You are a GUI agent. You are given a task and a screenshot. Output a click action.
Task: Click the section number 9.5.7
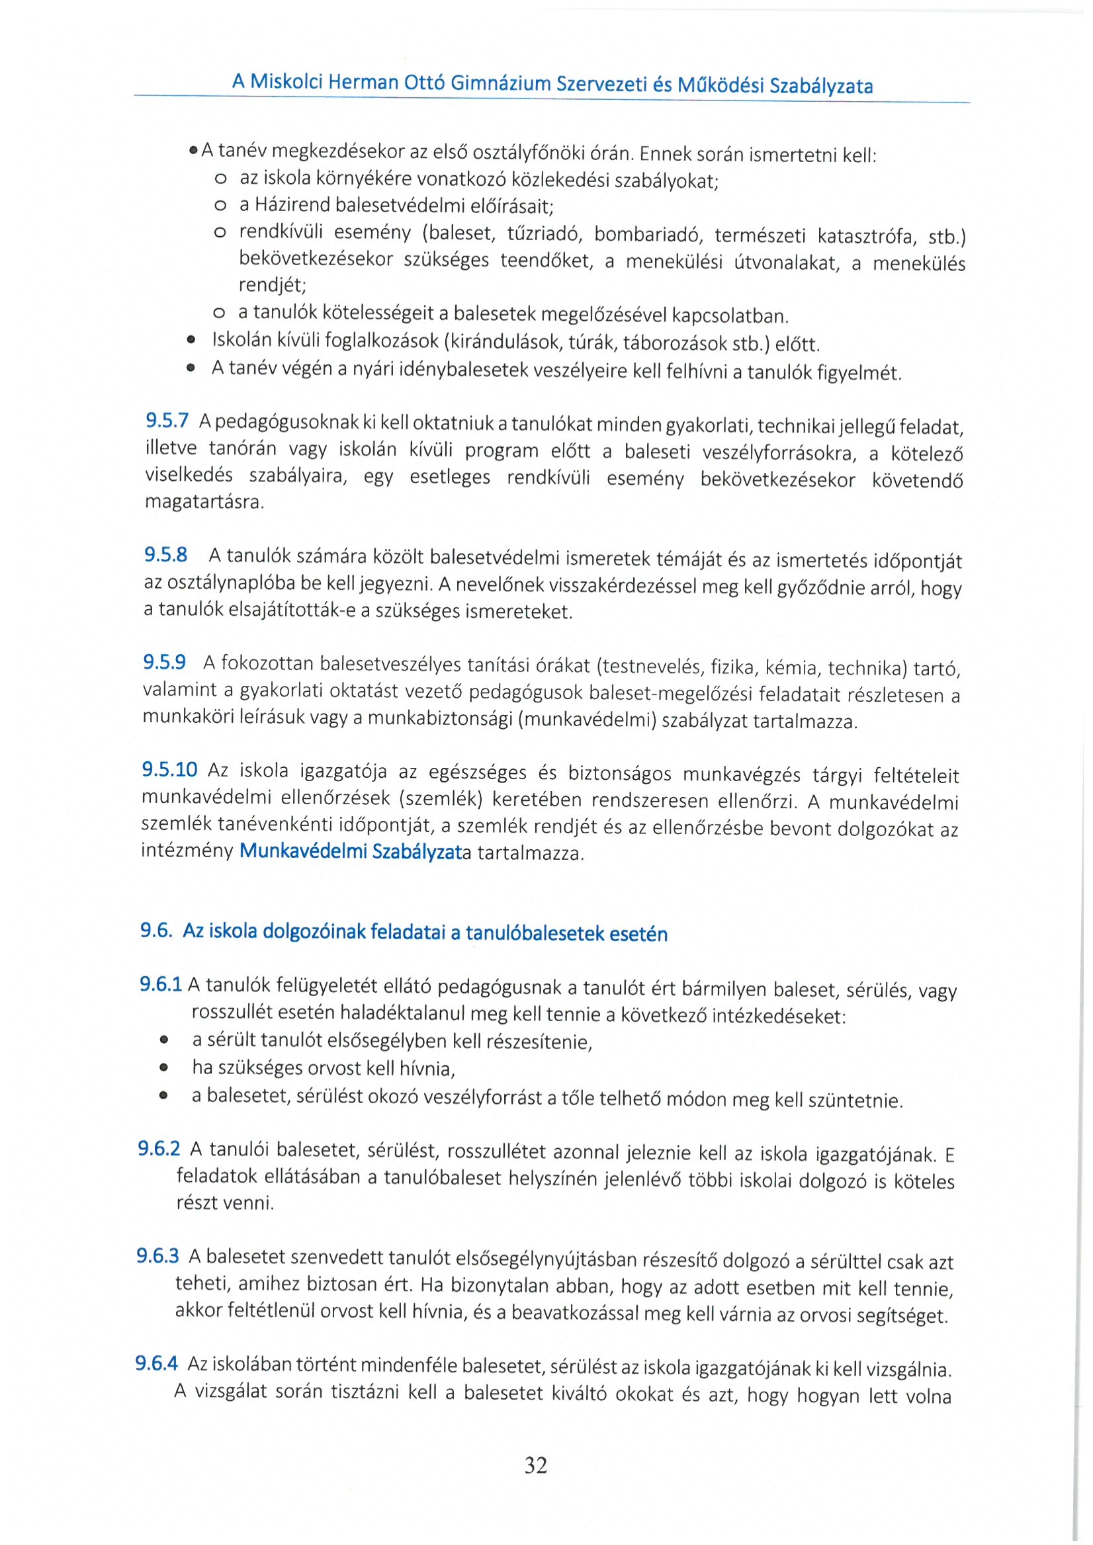[167, 421]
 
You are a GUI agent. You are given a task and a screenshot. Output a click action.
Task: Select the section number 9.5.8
[165, 555]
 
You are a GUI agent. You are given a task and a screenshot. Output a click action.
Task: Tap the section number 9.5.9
[164, 662]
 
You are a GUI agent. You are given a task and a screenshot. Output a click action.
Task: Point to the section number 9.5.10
[169, 769]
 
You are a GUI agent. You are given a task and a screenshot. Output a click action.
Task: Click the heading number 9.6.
[156, 930]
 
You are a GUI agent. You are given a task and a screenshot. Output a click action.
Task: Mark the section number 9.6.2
[159, 1148]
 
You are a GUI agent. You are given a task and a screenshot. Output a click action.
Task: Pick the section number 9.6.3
[157, 1256]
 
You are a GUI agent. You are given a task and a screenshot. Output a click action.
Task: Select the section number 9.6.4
[156, 1363]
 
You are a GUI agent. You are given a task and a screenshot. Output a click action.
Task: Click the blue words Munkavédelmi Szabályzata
[355, 852]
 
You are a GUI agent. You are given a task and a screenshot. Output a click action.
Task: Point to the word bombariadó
[648, 235]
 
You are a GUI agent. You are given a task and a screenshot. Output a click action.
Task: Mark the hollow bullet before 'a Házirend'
[220, 205]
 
